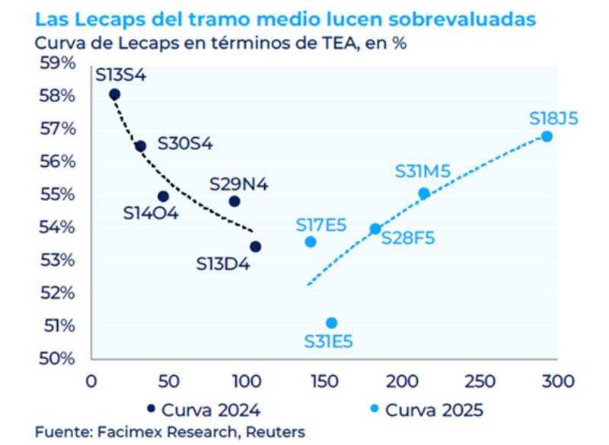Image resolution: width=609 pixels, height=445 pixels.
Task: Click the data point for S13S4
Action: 115,94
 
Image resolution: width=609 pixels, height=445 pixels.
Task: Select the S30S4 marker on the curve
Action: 140,146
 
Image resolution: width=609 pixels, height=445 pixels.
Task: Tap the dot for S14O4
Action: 163,196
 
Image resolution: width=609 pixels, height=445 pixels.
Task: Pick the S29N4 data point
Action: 234,201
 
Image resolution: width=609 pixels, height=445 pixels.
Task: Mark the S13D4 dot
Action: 256,246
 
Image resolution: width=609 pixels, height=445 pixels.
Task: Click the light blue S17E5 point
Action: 311,242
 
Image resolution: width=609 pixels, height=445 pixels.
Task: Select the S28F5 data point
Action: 375,229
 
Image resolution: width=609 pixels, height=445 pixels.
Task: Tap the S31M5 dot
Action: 424,194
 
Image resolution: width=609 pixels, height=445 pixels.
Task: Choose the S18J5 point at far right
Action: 547,136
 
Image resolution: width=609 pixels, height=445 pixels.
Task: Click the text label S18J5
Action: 554,119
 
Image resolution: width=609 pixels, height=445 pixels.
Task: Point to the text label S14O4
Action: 151,213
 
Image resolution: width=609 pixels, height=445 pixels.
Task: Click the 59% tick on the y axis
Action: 58,62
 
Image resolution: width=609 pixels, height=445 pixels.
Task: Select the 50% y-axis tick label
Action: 58,358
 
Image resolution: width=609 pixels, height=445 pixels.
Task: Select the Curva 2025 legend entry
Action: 426,410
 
